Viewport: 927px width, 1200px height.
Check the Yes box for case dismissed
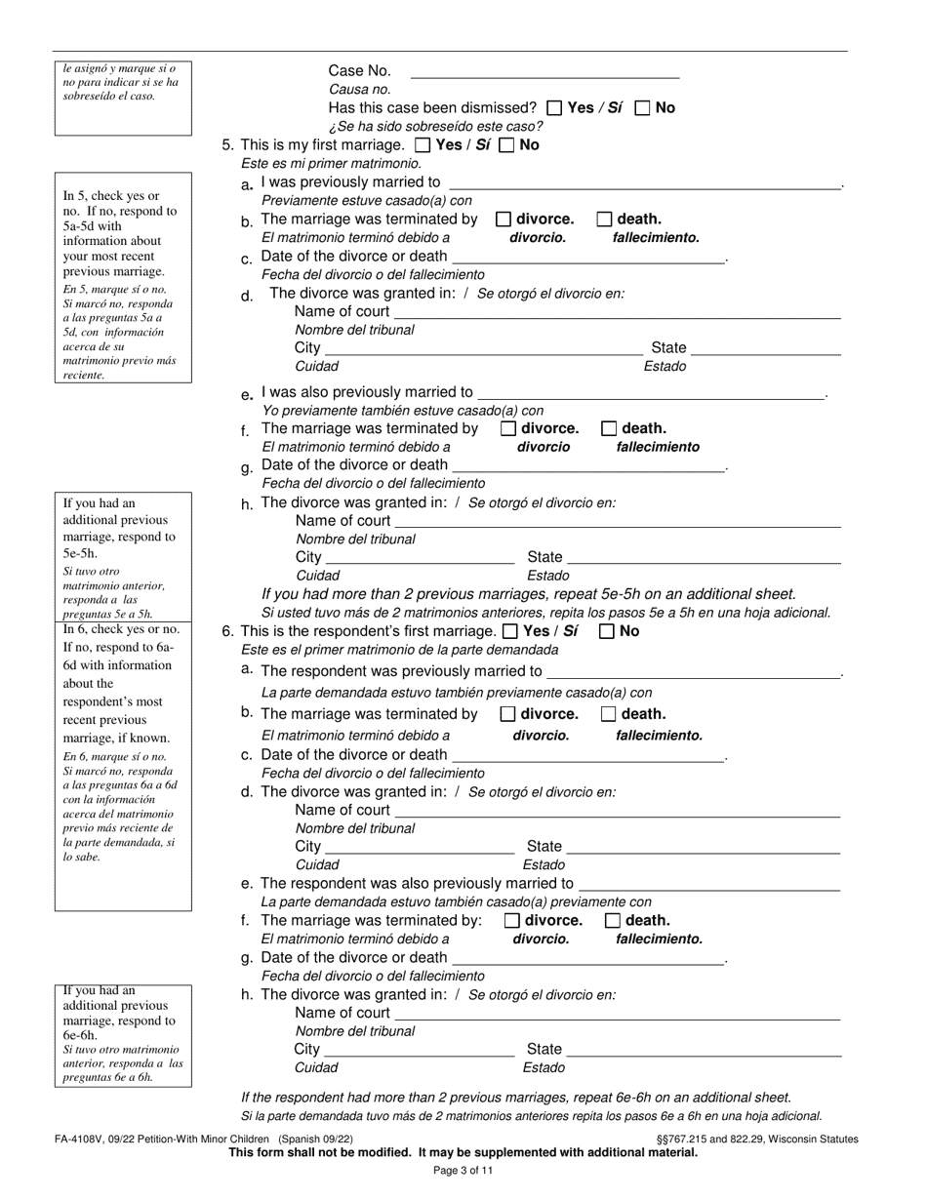(554, 108)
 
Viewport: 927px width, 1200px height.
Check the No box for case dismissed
(642, 108)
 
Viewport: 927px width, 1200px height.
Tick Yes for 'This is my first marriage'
(423, 145)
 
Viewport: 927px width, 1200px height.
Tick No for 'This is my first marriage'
(506, 145)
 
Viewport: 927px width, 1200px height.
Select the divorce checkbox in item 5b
(504, 220)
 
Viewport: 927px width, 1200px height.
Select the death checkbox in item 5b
(604, 220)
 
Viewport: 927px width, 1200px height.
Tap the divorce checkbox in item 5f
(507, 428)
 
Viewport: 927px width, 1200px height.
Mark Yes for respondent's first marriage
(510, 631)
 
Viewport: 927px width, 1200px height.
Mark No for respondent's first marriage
(606, 631)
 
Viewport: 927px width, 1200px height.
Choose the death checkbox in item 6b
(609, 714)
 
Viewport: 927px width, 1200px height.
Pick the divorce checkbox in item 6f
(511, 920)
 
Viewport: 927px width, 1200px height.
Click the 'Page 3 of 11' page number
(463, 1171)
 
